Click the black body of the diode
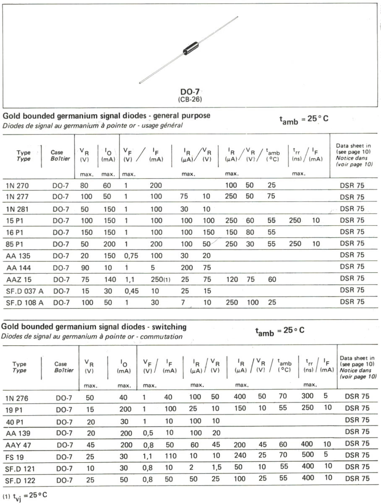190,49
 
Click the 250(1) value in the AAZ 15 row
160,278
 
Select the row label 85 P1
15,244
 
